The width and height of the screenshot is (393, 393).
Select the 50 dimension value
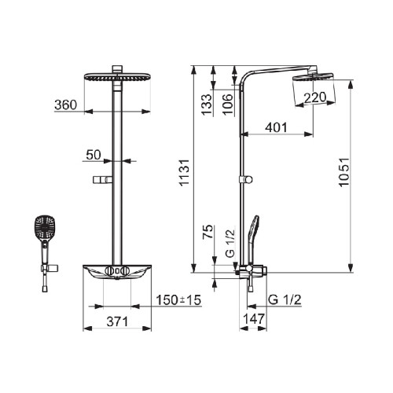[94, 155]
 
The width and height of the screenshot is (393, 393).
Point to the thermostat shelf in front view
[118, 272]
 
